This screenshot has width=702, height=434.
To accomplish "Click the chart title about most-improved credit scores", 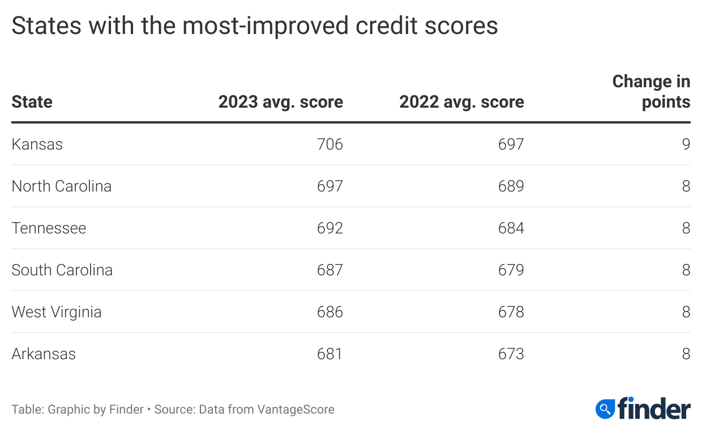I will point(255,27).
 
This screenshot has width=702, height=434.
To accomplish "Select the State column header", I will point(32,102).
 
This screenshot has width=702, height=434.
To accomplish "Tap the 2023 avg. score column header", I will point(281,102).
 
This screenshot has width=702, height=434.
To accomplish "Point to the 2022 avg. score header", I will point(461,102).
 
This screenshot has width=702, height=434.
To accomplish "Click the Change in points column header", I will point(652,92).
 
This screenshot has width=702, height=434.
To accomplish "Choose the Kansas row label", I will point(37,144).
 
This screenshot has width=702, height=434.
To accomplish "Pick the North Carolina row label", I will point(61,186).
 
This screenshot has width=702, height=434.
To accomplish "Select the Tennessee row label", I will point(49,228).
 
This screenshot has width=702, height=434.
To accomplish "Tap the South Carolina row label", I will point(62,270).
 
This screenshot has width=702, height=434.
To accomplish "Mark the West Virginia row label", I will point(57,312).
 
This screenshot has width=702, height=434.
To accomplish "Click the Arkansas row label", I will point(44,354).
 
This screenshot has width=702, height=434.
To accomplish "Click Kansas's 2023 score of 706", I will point(330,144).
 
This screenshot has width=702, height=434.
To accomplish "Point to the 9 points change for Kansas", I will point(686,144).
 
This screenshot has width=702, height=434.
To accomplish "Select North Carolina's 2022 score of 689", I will point(511,186).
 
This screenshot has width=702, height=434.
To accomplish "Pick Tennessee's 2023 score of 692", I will point(330,228).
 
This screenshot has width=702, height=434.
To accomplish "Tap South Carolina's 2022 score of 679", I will point(511,270).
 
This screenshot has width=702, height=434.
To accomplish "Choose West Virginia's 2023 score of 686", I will point(330,312).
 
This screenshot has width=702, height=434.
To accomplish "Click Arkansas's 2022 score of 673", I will point(511,354).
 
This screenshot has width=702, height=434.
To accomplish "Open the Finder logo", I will point(643,409).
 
